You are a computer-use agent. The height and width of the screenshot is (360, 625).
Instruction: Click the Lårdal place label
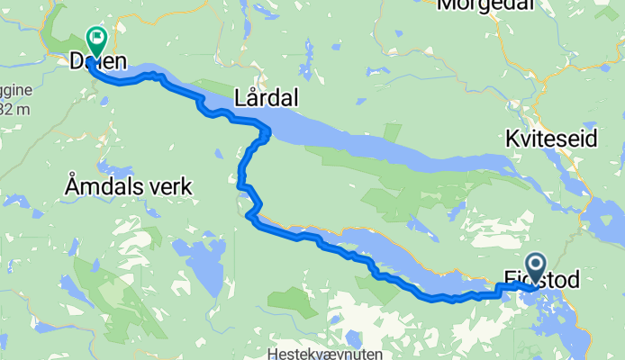tap(266, 96)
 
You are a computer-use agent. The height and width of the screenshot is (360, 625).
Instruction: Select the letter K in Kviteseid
tap(512, 140)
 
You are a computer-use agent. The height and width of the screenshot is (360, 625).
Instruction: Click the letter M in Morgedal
tap(445, 5)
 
